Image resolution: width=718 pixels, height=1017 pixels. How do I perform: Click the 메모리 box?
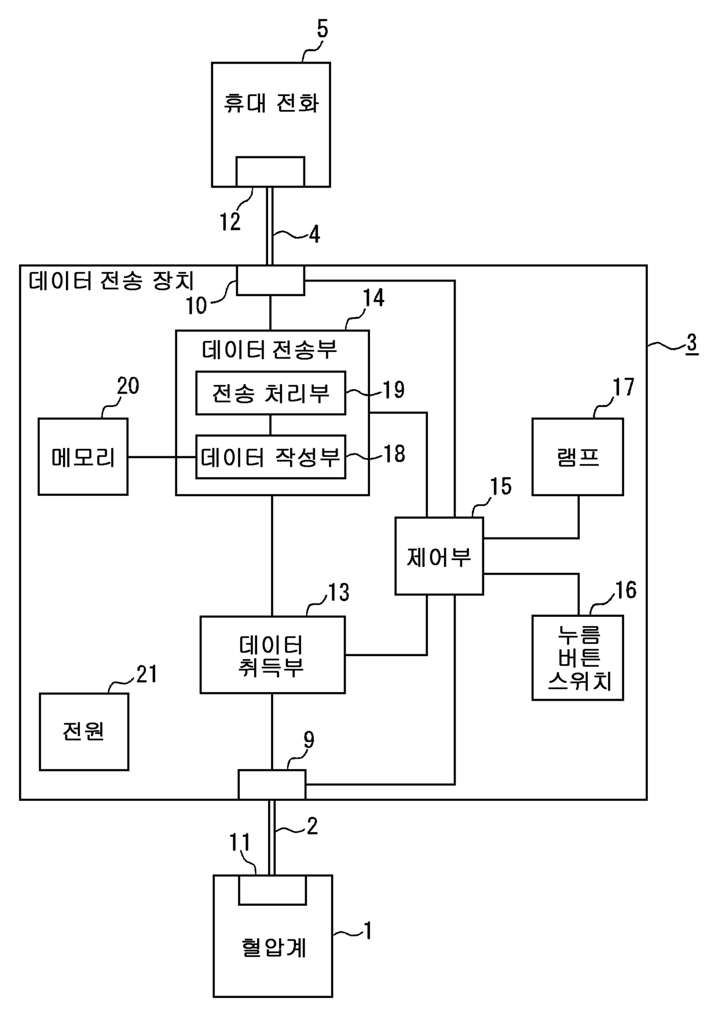point(83,456)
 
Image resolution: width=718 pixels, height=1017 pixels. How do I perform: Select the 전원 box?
point(84,731)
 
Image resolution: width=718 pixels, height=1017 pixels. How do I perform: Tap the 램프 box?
point(578,456)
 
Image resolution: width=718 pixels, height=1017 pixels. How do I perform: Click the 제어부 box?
point(439,556)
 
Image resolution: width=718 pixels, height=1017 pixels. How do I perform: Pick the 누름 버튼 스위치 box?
point(578,657)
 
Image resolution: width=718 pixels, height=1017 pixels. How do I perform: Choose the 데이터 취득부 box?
point(273,654)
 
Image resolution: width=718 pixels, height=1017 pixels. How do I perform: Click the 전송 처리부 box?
point(271,393)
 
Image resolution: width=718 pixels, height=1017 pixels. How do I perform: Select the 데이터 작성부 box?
point(271,457)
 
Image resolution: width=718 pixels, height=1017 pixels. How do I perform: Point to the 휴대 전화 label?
point(271,104)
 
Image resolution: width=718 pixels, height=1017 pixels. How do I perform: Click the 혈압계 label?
point(273,948)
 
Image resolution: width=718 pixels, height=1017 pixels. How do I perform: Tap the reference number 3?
point(691,343)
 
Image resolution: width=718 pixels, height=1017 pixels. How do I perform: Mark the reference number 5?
point(322,29)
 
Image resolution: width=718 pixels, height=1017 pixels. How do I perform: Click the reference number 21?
point(146,674)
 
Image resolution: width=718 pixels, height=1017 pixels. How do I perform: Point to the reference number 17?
point(624,386)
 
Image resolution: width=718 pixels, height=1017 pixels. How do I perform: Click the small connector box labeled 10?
point(270,280)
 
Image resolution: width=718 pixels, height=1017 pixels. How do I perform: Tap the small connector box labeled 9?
point(272,785)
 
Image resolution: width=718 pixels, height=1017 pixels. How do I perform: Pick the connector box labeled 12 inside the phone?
point(270,171)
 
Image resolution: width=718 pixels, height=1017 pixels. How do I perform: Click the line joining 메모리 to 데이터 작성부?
point(162,457)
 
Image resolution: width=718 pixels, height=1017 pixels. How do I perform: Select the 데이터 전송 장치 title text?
point(112,281)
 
